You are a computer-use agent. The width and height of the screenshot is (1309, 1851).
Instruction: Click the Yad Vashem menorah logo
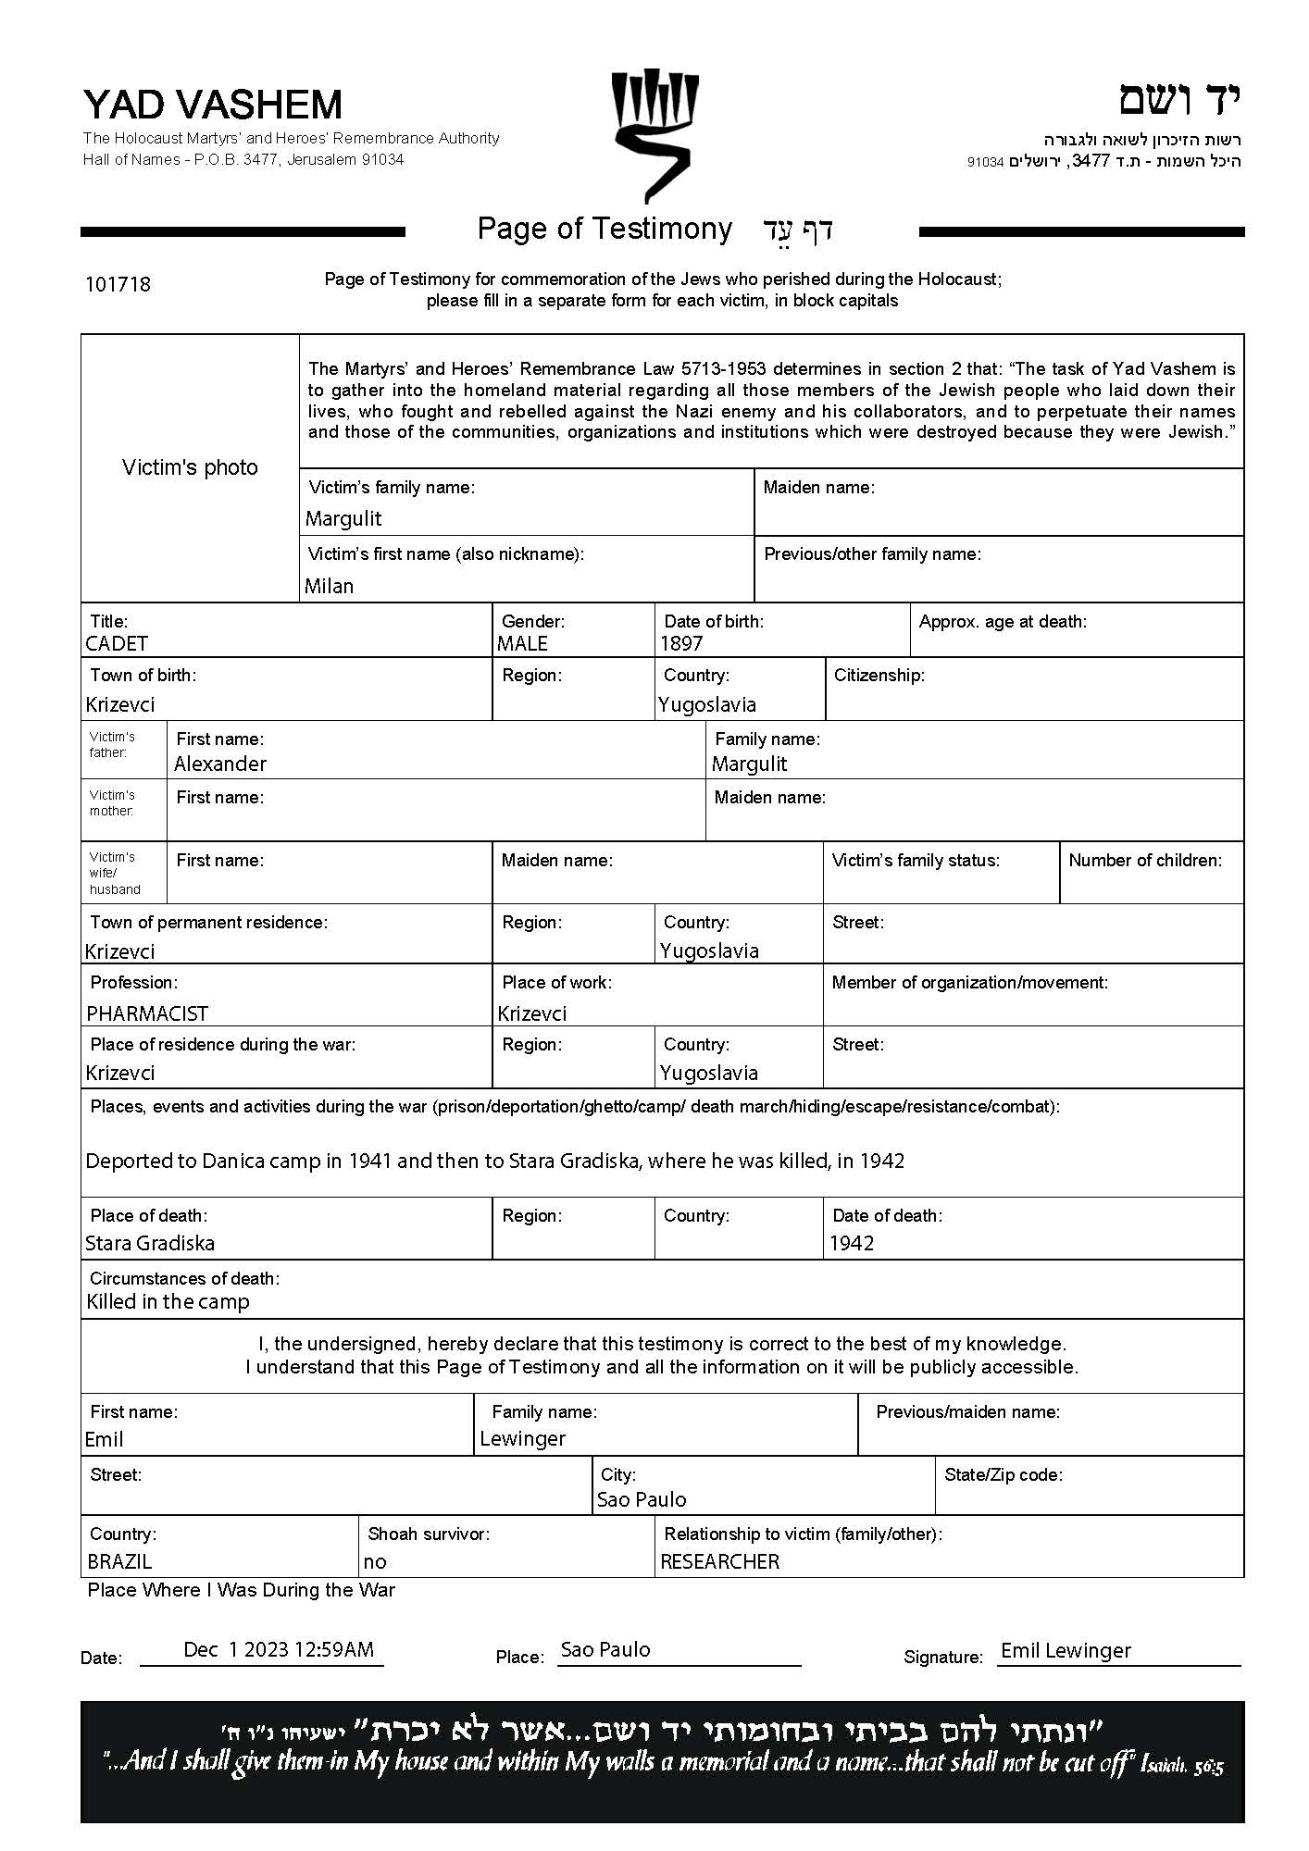click(654, 134)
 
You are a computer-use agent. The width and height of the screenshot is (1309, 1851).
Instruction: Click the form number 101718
click(118, 284)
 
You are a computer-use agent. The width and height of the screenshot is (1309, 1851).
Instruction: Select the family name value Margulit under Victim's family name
click(343, 518)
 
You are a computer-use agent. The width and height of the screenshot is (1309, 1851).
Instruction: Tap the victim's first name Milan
click(330, 586)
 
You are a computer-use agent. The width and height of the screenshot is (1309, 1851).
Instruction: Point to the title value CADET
click(117, 643)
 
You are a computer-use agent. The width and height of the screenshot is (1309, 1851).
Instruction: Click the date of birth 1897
click(681, 643)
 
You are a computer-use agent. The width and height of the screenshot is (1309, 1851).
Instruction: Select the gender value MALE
click(522, 643)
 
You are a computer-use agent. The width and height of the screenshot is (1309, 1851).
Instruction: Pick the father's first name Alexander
click(220, 764)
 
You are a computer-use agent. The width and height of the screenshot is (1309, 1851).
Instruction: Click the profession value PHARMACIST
click(147, 1013)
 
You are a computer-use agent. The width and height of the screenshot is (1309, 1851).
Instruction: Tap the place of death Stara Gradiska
click(150, 1243)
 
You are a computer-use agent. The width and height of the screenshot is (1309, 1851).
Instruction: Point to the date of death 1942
click(852, 1243)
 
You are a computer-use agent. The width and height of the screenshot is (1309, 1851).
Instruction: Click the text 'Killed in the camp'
click(168, 1302)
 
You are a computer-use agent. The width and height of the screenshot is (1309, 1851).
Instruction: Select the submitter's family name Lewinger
click(523, 1438)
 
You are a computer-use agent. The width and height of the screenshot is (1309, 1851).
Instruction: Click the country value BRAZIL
click(119, 1561)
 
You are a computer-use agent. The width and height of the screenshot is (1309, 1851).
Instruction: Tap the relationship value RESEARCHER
click(720, 1561)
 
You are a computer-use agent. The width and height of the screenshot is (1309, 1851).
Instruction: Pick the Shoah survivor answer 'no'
click(375, 1561)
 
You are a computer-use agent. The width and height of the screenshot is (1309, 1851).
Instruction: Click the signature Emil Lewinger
click(1066, 1650)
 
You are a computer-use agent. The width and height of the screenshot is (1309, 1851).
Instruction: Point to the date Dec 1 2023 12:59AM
click(279, 1649)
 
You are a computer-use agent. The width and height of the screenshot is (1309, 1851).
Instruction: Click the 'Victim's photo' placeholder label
click(190, 467)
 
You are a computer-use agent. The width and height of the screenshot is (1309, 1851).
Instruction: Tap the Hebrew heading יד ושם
click(1178, 100)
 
